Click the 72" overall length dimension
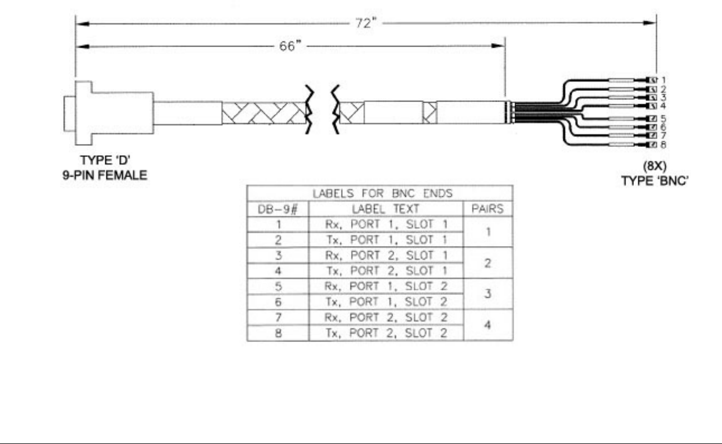pos(365,24)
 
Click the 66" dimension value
pos(289,46)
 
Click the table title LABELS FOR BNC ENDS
pos(380,194)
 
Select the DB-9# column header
pos(277,210)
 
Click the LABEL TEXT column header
pos(385,210)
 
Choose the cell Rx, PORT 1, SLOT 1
pos(385,225)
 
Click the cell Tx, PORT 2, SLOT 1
pos(385,272)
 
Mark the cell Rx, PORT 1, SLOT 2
pos(385,287)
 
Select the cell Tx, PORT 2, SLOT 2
pos(385,334)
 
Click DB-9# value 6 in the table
pos(277,303)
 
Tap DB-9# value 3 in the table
pos(277,256)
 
